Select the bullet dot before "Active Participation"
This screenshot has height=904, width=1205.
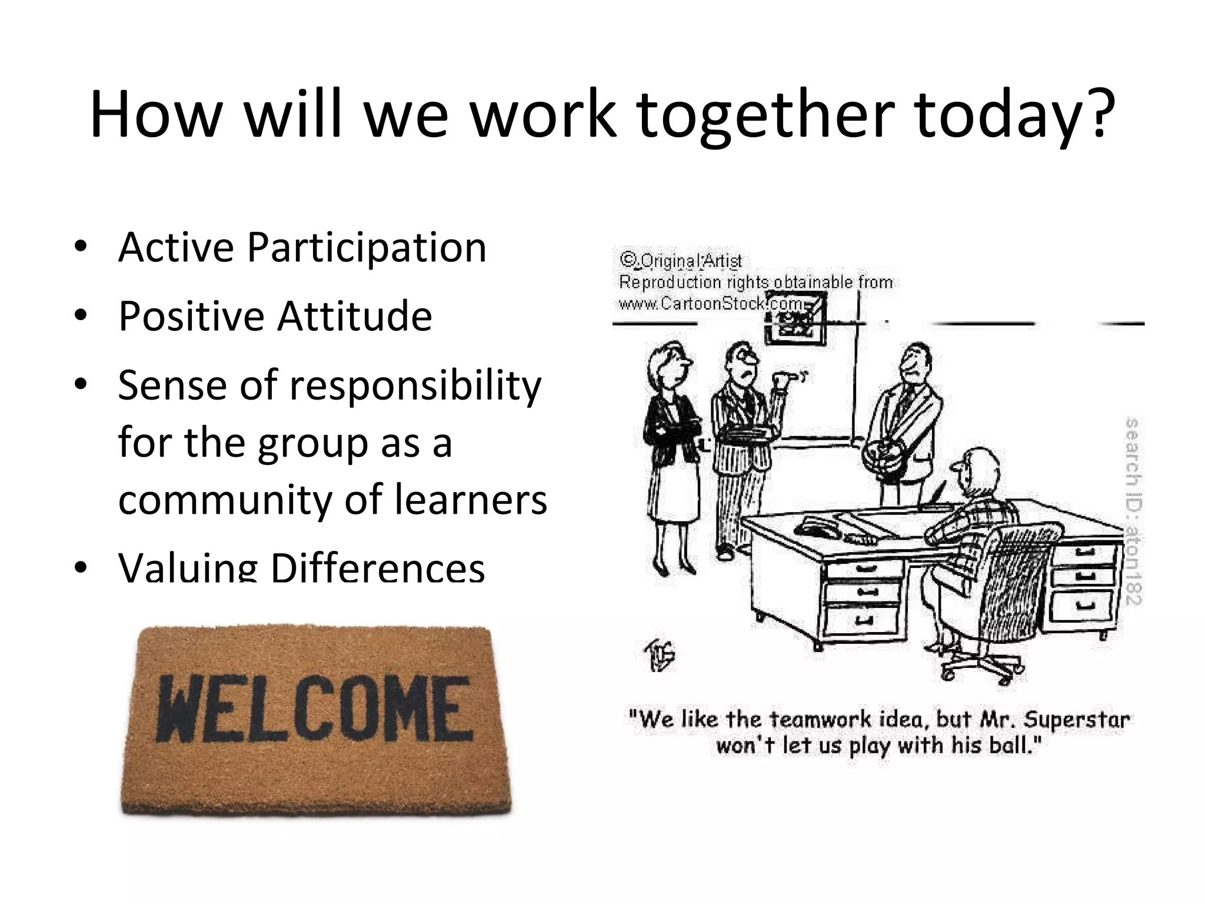pos(81,247)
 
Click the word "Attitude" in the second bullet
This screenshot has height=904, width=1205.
pos(355,317)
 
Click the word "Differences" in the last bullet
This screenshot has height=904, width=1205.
pos(377,569)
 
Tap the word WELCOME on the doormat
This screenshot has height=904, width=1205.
pos(314,710)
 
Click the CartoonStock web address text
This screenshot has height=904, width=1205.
pos(712,304)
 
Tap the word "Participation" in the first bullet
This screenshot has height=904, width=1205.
pos(367,248)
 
